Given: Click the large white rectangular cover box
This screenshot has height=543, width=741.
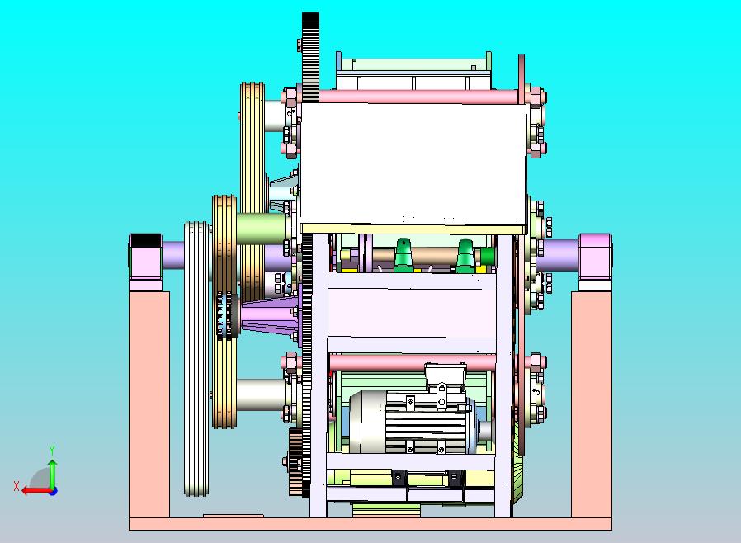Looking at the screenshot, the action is pos(413,163).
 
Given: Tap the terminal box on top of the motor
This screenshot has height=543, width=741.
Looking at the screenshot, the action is pos(445,376).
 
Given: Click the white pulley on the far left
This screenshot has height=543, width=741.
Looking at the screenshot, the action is pos(196,359).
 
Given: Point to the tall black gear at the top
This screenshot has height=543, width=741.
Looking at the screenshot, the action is pos(310,57).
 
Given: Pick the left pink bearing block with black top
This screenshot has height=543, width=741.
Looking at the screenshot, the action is pos(145,262).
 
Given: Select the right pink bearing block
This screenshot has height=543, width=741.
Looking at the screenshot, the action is pos(596,262).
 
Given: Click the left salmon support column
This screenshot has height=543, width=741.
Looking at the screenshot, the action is pos(149,404).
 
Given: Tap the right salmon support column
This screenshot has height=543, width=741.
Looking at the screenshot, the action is pos(592,404).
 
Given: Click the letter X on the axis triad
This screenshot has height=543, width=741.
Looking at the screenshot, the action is pos(17,486).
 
